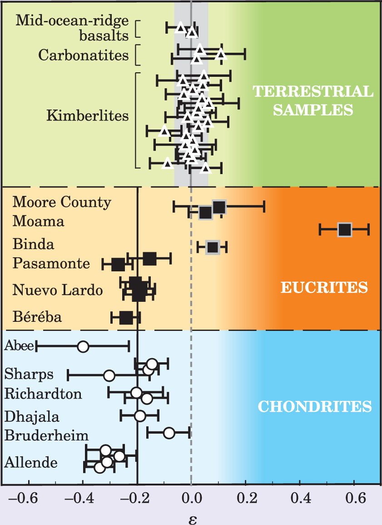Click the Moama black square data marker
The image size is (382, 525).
coord(345,230)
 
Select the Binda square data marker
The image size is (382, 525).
coord(213,247)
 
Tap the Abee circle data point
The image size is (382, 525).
coord(83,346)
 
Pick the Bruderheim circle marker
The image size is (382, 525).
coord(169,433)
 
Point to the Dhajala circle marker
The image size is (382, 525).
coord(140,416)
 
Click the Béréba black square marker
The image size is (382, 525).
coord(126,318)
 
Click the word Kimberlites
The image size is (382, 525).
coord(88,115)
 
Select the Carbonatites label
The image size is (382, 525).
coord(83,55)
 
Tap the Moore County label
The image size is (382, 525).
coord(62,202)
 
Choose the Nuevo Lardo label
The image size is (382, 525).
coord(58,290)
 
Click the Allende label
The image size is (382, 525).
coord(31,462)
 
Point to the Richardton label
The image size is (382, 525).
coord(43,394)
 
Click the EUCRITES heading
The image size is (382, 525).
coord(324,287)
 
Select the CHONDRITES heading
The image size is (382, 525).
coord(315,406)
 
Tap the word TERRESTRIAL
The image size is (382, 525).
coord(313,91)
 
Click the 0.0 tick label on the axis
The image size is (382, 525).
coord(191,499)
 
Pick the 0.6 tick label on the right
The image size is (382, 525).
coord(355,499)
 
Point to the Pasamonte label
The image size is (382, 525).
coord(51,263)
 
